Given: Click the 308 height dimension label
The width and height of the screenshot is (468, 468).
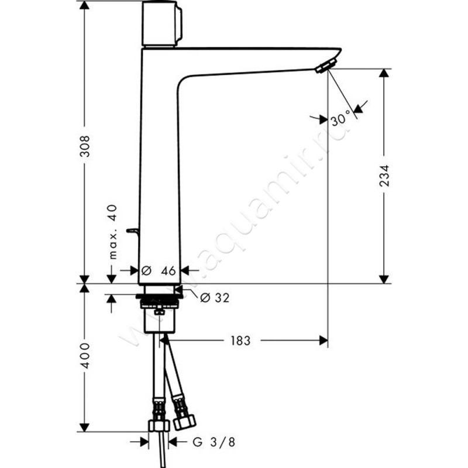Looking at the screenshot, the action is coord(85,146).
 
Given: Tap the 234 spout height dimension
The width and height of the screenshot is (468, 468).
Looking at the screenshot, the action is coord(384,176).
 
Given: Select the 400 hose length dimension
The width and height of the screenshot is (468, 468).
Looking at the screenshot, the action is coord(85,356).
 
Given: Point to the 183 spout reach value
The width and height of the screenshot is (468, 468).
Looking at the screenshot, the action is coord(240,340).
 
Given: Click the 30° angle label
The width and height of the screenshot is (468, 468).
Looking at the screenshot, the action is coord(340,118).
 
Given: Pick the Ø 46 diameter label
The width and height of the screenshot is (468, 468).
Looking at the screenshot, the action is coord(159,271).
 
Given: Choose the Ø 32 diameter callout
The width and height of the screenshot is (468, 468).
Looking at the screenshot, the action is coord(215,298).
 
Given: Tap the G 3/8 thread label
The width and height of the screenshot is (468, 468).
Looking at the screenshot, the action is coord(214,442).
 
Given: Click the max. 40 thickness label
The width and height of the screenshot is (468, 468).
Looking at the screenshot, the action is coord(113,232).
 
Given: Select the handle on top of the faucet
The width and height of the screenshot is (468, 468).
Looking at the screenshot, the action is coord(161,23).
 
